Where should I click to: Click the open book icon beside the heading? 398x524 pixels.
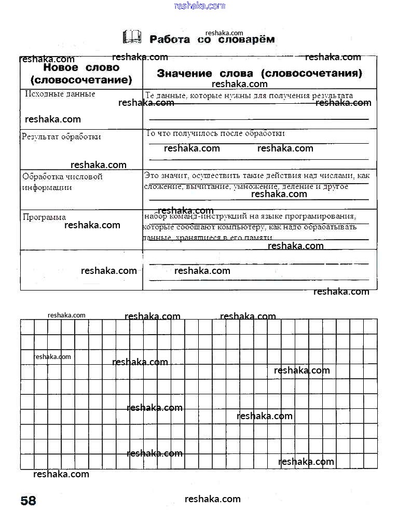tap(132, 37)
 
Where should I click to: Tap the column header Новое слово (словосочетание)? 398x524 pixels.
tap(81, 74)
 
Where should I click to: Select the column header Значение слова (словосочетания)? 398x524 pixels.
tap(259, 73)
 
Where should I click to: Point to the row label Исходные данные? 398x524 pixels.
tap(60, 94)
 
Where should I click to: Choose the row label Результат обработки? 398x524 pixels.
tap(61, 137)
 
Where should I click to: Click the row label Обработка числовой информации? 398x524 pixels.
tap(62, 182)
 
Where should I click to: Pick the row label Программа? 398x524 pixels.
tap(44, 217)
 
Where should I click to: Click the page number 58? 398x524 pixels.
tap(29, 501)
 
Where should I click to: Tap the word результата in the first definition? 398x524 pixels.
tap(333, 95)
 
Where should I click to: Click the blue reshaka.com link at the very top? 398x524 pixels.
tap(200, 6)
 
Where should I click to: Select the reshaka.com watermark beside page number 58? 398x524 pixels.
tap(213, 499)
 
